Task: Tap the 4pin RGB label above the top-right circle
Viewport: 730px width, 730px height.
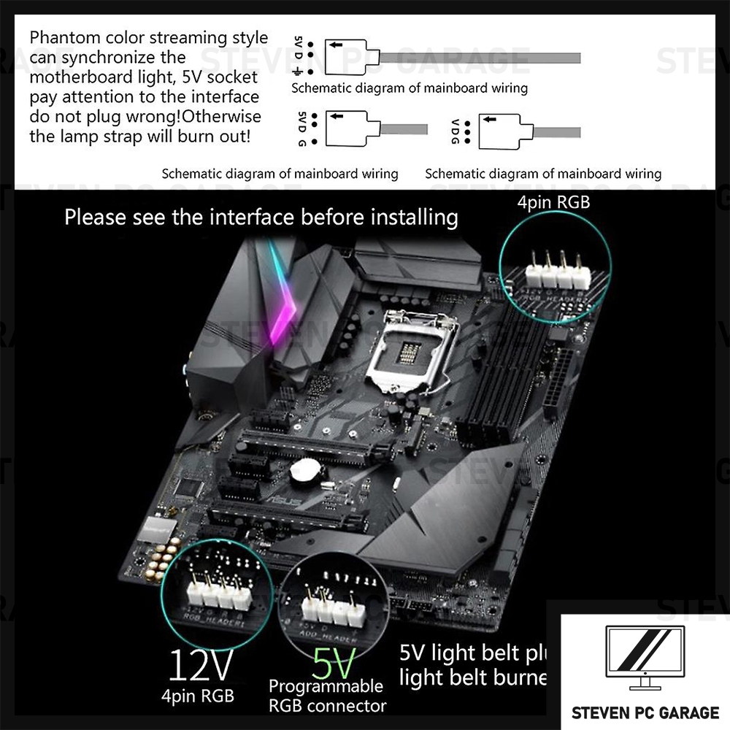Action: click(553, 201)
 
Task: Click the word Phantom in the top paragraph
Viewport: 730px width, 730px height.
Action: click(64, 38)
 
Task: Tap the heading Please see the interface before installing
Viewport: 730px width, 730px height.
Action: click(261, 217)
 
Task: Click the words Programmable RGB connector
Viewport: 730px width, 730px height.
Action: click(326, 696)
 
